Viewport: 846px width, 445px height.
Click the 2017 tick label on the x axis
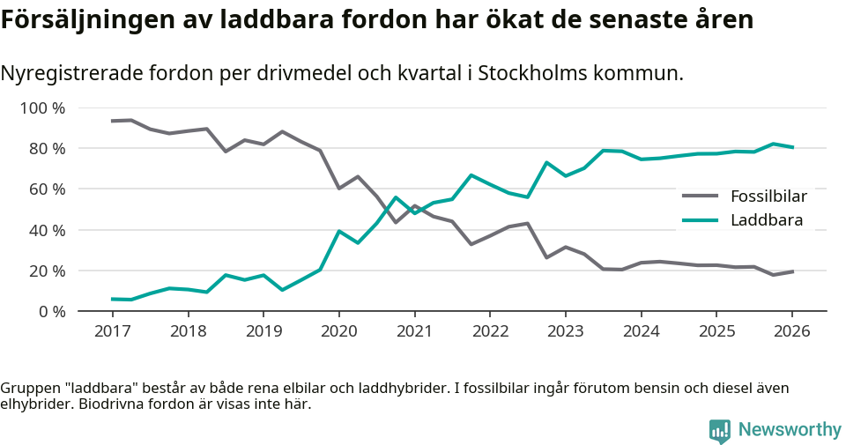pyautogui.click(x=112, y=331)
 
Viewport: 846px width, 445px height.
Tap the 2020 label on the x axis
pyautogui.click(x=338, y=331)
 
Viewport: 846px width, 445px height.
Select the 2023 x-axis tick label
pyautogui.click(x=565, y=331)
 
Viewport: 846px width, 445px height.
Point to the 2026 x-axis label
pyautogui.click(x=791, y=331)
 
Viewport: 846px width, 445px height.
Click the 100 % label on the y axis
pyautogui.click(x=43, y=108)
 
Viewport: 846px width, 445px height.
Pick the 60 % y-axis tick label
pyautogui.click(x=48, y=189)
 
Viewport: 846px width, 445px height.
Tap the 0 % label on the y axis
pyautogui.click(x=52, y=311)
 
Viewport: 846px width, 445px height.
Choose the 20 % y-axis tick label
pyautogui.click(x=48, y=271)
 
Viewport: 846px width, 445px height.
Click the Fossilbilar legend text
pyautogui.click(x=768, y=196)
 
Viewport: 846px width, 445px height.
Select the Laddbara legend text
pyautogui.click(x=767, y=220)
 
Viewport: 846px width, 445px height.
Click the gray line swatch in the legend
pyautogui.click(x=701, y=196)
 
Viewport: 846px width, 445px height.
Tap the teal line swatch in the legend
pyautogui.click(x=701, y=220)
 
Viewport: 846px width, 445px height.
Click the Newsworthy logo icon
pyautogui.click(x=720, y=430)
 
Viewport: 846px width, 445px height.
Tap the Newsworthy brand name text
pyautogui.click(x=790, y=430)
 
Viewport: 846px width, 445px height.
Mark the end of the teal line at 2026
pyautogui.click(x=792, y=147)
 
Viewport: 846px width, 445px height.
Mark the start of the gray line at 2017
pyautogui.click(x=112, y=121)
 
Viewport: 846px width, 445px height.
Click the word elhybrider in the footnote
pyautogui.click(x=34, y=404)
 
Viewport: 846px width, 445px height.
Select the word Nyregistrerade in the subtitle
pyautogui.click(x=75, y=73)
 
